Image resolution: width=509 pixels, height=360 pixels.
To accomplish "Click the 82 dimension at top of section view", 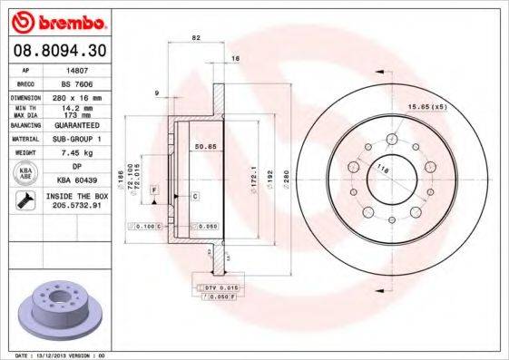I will (196, 37).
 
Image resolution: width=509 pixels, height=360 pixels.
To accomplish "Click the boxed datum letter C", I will (195, 196).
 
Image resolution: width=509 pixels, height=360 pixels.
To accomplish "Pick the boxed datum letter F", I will (155, 189).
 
